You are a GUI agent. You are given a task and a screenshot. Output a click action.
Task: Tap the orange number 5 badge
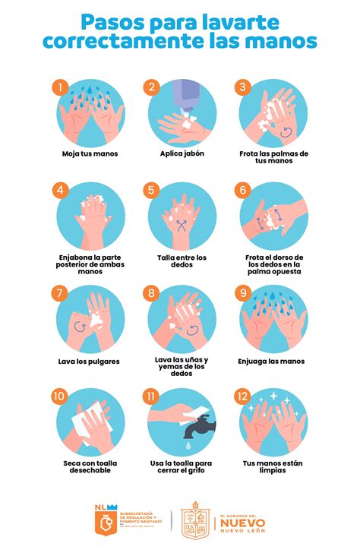(x=152, y=190)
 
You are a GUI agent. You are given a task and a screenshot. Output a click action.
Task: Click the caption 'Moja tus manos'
(x=90, y=153)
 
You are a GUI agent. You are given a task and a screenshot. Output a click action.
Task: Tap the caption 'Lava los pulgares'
(x=90, y=361)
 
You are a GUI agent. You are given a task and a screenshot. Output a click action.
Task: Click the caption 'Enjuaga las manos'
(x=271, y=361)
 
